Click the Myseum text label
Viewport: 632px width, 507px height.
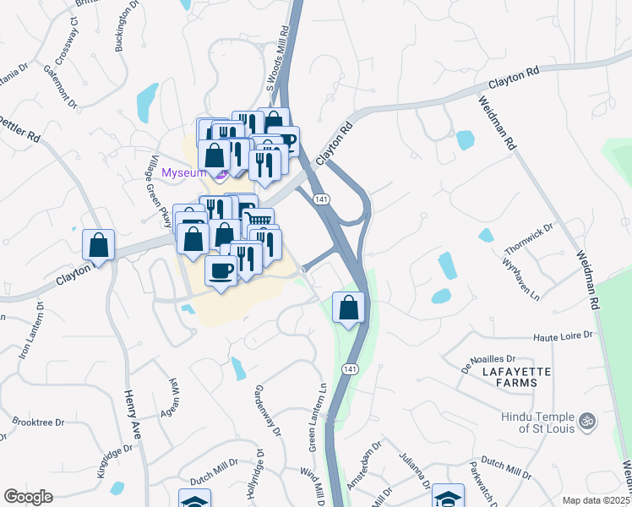click(x=183, y=172)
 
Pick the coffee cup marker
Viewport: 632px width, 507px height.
click(x=221, y=271)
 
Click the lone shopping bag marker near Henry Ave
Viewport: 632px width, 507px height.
click(x=99, y=246)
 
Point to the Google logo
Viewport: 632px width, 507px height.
click(x=28, y=497)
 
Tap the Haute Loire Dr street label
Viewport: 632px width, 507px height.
click(x=563, y=335)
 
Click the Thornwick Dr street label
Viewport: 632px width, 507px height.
click(x=528, y=240)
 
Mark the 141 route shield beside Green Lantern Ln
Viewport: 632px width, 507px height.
click(x=348, y=369)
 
